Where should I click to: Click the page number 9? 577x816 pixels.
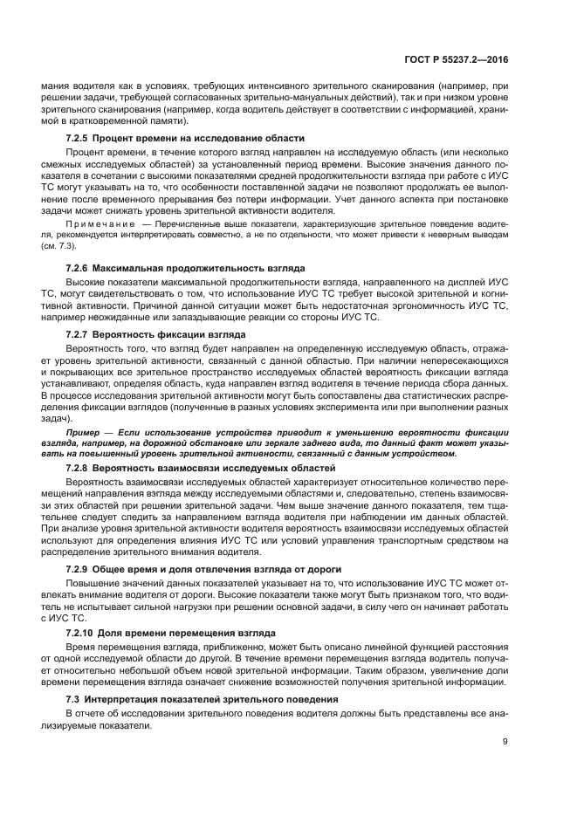(505, 742)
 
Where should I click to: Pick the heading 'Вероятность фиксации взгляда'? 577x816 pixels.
(173, 335)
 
